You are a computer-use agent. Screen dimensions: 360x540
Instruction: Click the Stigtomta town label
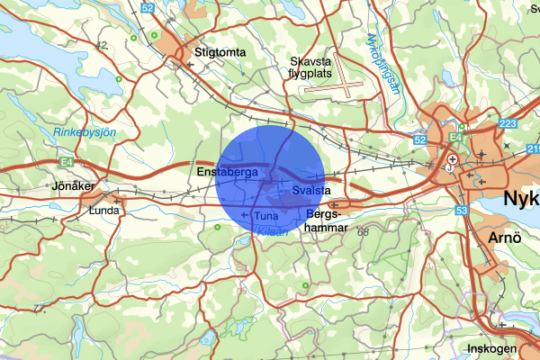(x=220, y=53)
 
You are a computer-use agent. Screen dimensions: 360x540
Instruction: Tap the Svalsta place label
(x=312, y=192)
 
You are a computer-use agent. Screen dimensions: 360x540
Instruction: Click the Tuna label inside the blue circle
(x=266, y=217)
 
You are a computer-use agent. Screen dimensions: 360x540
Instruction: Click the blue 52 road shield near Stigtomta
(x=148, y=8)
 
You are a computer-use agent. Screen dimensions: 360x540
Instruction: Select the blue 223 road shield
(x=506, y=124)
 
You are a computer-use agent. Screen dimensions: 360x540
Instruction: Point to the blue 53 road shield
(x=461, y=210)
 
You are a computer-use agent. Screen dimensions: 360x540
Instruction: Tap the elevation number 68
(x=363, y=234)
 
